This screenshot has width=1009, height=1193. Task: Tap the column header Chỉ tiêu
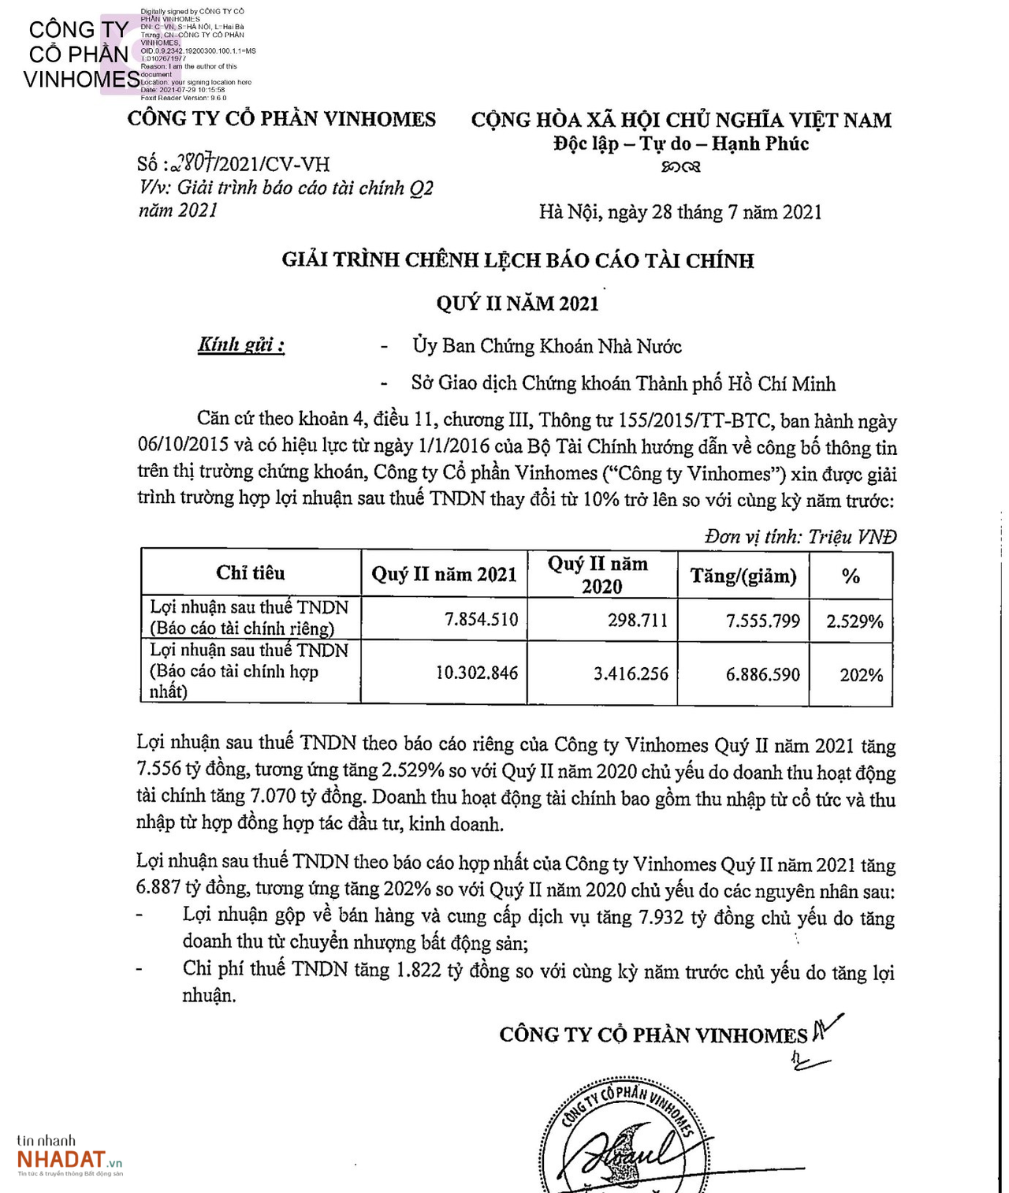click(251, 573)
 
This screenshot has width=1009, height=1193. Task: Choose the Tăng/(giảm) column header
click(743, 576)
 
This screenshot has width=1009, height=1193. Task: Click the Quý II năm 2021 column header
click(444, 574)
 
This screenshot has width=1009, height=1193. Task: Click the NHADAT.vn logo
click(69, 1157)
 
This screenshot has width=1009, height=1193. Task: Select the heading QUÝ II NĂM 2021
click(517, 304)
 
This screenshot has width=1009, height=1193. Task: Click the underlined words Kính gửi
click(241, 345)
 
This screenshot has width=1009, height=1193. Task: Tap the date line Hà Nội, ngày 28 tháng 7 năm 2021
click(680, 212)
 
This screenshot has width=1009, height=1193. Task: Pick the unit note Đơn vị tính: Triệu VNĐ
click(800, 537)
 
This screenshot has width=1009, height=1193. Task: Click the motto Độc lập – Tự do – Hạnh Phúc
click(680, 144)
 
